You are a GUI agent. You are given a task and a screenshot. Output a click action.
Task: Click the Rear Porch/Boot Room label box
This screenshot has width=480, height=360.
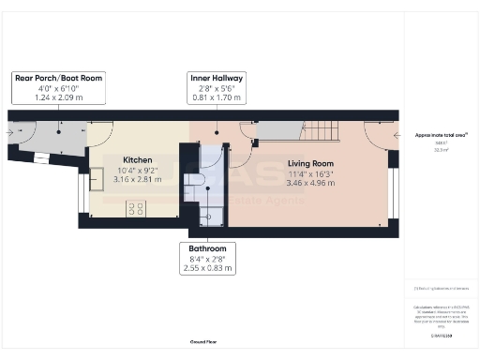click(58, 86)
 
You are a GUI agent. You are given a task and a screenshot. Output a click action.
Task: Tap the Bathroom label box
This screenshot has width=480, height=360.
click(206, 259)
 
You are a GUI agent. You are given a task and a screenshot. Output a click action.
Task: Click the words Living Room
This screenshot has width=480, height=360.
click(309, 163)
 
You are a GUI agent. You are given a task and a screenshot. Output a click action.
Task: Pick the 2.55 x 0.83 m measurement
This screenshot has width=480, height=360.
click(206, 268)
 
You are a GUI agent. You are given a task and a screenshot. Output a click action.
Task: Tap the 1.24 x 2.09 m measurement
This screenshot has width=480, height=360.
click(58, 97)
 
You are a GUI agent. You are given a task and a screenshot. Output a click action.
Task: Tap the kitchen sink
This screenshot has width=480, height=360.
click(97, 179)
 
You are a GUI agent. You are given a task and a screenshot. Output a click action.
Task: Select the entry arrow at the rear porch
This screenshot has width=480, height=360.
click(10, 133)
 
